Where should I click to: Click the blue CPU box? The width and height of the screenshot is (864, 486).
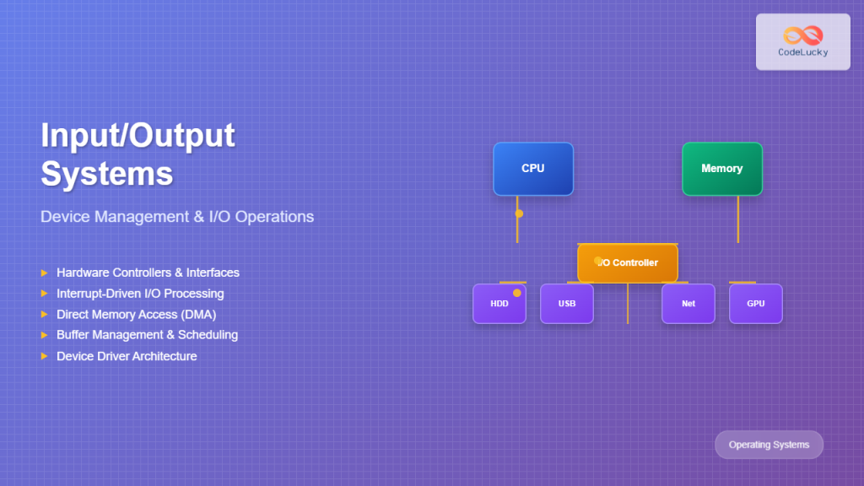pyautogui.click(x=532, y=169)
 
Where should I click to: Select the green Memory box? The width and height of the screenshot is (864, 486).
pyautogui.click(x=721, y=169)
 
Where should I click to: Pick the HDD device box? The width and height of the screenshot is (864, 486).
pyautogui.click(x=499, y=304)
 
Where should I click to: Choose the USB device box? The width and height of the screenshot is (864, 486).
pyautogui.click(x=566, y=304)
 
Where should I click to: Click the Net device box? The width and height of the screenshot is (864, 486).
pyautogui.click(x=688, y=304)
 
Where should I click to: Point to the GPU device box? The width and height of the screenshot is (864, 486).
pyautogui.click(x=755, y=304)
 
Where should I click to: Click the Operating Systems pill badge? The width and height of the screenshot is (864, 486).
pyautogui.click(x=769, y=445)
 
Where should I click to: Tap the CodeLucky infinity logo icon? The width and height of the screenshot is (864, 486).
pyautogui.click(x=802, y=35)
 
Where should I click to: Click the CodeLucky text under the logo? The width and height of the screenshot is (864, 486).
pyautogui.click(x=802, y=52)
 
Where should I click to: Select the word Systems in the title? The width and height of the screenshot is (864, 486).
pyautogui.click(x=107, y=173)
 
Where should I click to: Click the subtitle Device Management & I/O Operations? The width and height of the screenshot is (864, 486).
pyautogui.click(x=177, y=217)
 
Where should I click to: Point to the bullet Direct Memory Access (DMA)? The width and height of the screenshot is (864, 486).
pyautogui.click(x=137, y=315)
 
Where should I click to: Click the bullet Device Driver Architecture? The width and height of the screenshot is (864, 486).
pyautogui.click(x=127, y=356)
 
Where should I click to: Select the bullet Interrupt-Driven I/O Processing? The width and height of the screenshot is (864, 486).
pyautogui.click(x=140, y=294)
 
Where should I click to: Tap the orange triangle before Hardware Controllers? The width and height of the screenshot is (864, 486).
pyautogui.click(x=44, y=273)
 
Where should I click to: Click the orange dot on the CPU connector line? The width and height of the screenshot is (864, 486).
pyautogui.click(x=519, y=213)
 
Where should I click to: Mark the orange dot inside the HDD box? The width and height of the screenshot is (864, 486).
pyautogui.click(x=517, y=293)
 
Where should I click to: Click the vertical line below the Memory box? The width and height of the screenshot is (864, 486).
pyautogui.click(x=738, y=219)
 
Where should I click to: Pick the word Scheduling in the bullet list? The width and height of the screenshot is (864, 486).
pyautogui.click(x=208, y=335)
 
